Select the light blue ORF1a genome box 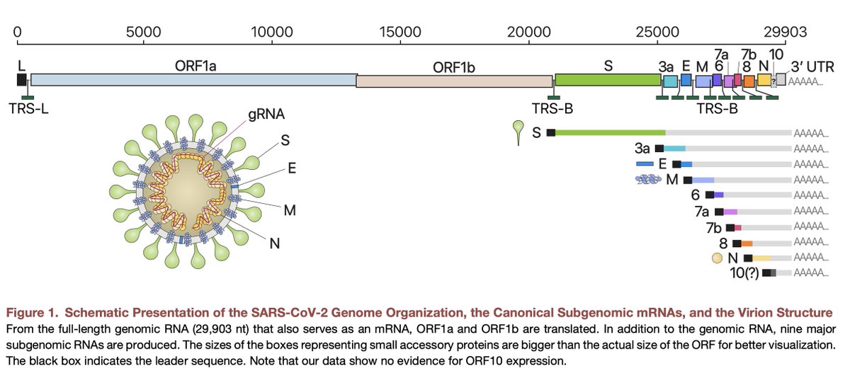[x=193, y=80]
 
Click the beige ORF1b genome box [x=454, y=81]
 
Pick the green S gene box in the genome [x=607, y=80]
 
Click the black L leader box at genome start [x=22, y=79]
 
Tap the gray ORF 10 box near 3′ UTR [x=781, y=80]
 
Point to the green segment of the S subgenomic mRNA [x=610, y=132]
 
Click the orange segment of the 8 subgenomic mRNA [x=747, y=243]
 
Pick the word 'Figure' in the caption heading [x=28, y=312]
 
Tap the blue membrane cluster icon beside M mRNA [x=648, y=180]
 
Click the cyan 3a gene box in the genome [x=669, y=81]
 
